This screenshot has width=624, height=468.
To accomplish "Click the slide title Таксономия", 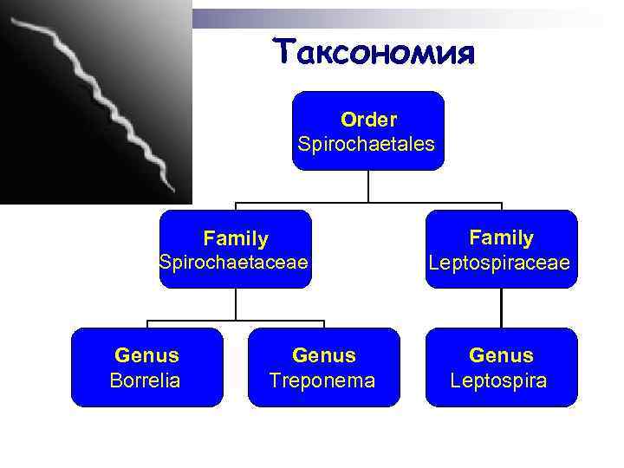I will (374, 51).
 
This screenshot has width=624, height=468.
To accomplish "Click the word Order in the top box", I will (368, 119).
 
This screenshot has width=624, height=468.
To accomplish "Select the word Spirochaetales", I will (367, 143).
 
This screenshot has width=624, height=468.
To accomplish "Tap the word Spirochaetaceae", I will (234, 261).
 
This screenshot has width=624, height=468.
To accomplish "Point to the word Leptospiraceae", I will (500, 261).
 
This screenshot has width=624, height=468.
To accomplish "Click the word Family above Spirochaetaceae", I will (236, 237).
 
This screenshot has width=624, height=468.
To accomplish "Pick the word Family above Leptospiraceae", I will (501, 237).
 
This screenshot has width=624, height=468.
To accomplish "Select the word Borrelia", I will (146, 380).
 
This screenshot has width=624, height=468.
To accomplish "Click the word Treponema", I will (322, 380).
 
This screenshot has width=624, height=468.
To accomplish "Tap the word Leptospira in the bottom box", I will (499, 380).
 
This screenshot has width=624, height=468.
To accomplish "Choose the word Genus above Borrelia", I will (146, 355).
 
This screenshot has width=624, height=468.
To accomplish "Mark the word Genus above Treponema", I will (323, 355).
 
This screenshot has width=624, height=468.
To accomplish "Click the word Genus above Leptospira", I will (501, 355).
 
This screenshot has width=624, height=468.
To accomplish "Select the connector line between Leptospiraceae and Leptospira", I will (501, 308).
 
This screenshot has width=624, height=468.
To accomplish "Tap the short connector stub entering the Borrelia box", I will (147, 325).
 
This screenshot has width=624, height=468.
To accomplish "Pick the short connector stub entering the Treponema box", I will (323, 325).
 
